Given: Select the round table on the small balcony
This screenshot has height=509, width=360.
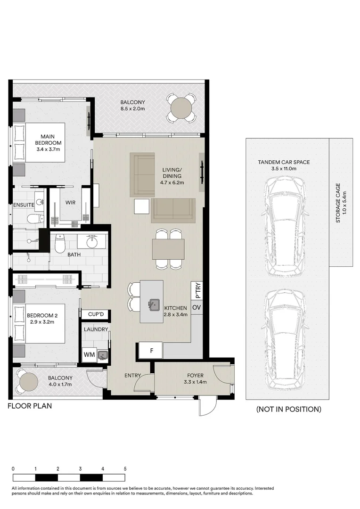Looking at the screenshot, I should [x=28, y=381].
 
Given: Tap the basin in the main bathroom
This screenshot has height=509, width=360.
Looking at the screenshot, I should [x=91, y=242].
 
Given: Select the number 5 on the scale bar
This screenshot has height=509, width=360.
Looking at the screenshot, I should [x=125, y=469].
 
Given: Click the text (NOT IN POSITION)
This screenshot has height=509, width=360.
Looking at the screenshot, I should [x=288, y=409].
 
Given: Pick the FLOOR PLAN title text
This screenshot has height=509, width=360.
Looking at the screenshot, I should [x=30, y=406].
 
